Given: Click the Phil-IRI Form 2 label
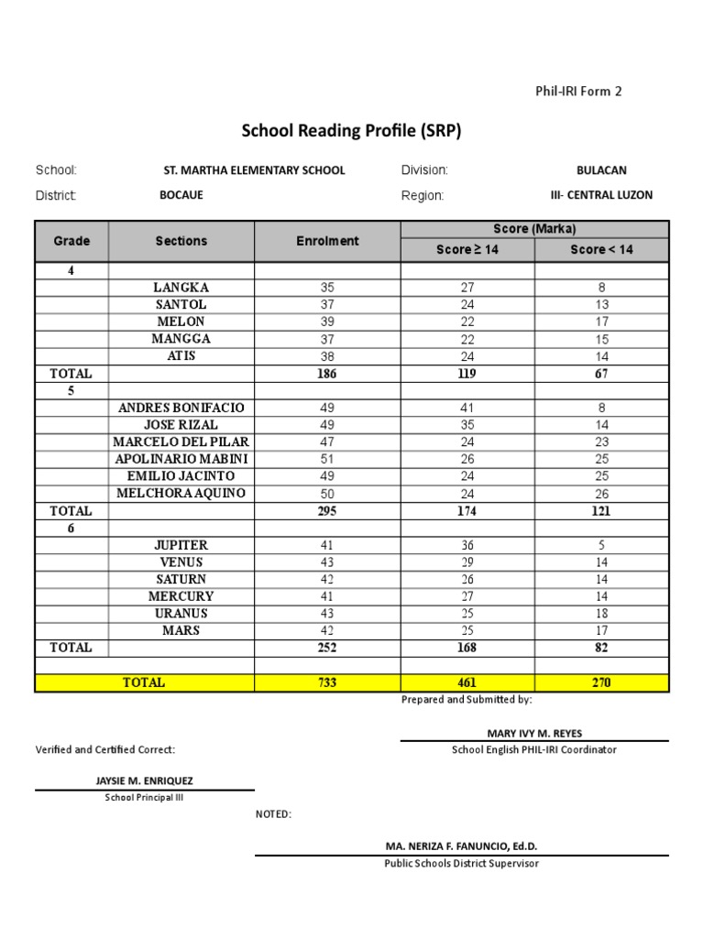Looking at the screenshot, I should [578, 91].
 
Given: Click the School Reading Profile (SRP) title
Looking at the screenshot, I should [351, 131].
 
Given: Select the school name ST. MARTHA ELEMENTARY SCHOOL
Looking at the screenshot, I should [254, 170].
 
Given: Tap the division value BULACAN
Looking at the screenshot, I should [601, 170].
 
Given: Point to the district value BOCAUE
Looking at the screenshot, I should [181, 195].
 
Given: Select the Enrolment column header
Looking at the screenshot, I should [327, 241].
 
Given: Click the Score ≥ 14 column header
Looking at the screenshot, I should [467, 249].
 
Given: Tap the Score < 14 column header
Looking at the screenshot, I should [601, 249].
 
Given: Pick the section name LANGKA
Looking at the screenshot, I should [181, 288].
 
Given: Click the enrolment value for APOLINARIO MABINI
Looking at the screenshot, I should [327, 459].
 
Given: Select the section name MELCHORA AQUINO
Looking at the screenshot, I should [181, 494].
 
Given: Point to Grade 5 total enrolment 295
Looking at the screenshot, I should [327, 511].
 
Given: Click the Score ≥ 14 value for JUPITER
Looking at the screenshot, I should [467, 545].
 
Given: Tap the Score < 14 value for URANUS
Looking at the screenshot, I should [601, 614].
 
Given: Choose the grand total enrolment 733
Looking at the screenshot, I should [327, 682].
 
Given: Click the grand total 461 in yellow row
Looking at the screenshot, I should [467, 682].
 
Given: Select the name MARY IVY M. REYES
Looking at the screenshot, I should [534, 733].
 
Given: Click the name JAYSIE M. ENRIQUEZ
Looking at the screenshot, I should [145, 781].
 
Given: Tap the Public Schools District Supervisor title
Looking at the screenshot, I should [461, 863].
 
